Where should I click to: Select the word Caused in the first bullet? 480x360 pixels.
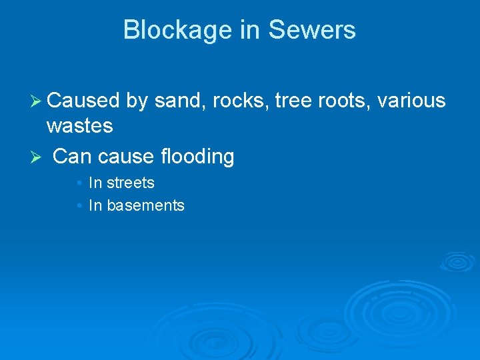coord(83,101)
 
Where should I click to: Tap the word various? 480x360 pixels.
coord(411,101)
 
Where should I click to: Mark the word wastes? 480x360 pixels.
coord(79,125)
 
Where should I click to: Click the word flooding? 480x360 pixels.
coord(197,157)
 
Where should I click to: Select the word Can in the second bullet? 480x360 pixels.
coord(72,157)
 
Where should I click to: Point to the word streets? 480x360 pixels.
coord(131,183)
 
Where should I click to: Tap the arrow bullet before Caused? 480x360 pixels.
coord(37,101)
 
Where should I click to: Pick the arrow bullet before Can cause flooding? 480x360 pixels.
coord(37,157)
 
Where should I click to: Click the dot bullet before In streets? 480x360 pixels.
coord(79,183)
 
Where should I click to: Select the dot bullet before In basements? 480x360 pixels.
coord(79,206)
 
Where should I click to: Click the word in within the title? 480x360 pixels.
coord(247,30)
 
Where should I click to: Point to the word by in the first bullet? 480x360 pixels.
coord(137,101)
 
